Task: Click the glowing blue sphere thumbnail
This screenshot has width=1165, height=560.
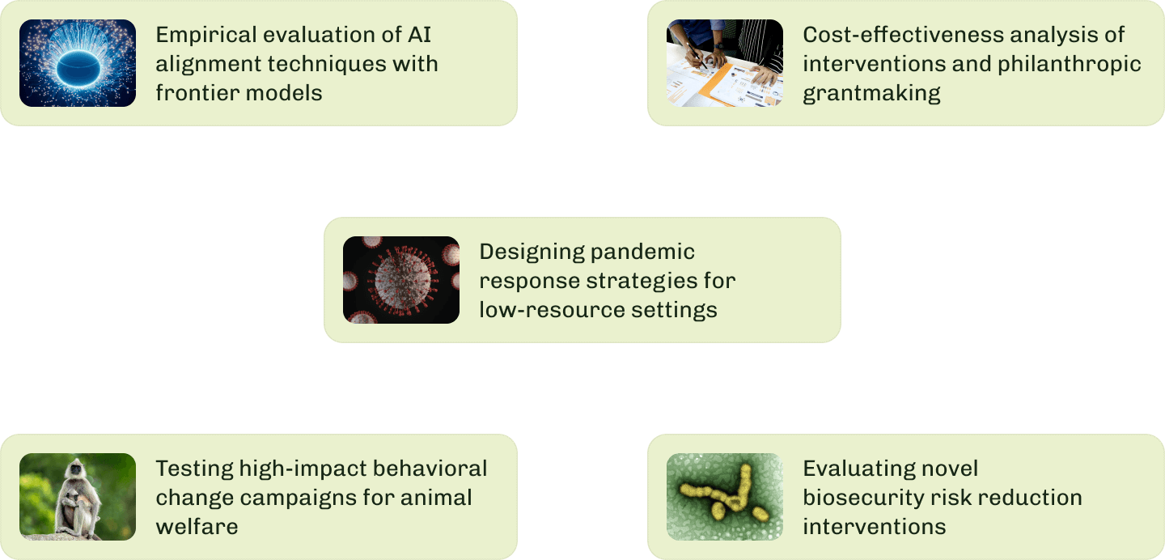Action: pyautogui.click(x=78, y=63)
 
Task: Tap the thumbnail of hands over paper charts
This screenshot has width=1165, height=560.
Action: pyautogui.click(x=725, y=63)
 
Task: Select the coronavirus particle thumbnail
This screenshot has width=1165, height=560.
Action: pyautogui.click(x=401, y=280)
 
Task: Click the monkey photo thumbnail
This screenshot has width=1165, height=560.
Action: pyautogui.click(x=78, y=497)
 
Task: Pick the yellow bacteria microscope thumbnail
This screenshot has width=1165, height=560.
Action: pyautogui.click(x=725, y=497)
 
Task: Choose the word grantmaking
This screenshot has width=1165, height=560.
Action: pyautogui.click(x=871, y=93)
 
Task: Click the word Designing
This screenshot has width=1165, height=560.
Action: pyautogui.click(x=532, y=252)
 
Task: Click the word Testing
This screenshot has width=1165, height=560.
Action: pyautogui.click(x=194, y=469)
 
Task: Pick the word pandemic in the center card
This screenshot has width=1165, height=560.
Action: pyautogui.click(x=643, y=252)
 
